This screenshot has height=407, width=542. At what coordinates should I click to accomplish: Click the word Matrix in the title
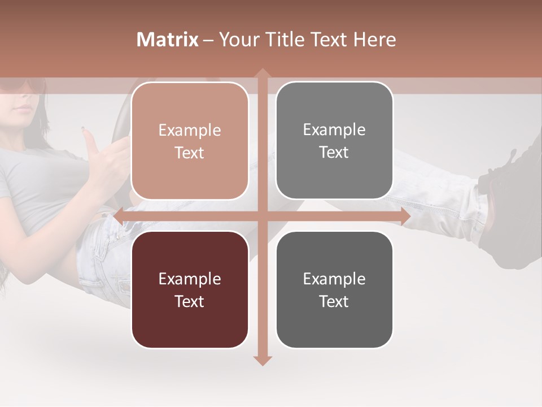tap(168, 40)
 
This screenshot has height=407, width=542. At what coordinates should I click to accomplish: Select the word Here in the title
tap(374, 40)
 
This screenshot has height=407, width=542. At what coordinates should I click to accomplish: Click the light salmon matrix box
tap(190, 141)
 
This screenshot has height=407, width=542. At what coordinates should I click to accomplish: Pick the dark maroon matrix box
tap(190, 289)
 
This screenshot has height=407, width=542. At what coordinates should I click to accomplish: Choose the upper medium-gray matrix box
tap(334, 140)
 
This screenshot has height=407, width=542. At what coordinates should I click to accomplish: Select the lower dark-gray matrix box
tap(334, 289)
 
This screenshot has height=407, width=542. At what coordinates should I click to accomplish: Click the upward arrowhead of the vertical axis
tap(262, 73)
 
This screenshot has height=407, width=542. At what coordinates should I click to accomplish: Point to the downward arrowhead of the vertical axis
tap(262, 360)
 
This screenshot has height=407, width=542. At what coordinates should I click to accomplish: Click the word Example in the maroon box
tap(190, 279)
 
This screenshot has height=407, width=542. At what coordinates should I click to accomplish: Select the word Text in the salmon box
tap(190, 153)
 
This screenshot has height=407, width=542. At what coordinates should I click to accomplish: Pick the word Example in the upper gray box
tap(334, 129)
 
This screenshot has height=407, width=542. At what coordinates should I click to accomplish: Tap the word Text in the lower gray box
tap(334, 301)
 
